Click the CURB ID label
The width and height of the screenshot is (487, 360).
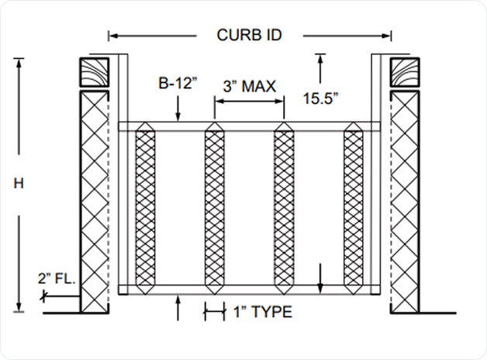click(x=249, y=35)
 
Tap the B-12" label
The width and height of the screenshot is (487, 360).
click(x=178, y=83)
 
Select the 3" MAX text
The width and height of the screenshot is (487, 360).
click(x=250, y=86)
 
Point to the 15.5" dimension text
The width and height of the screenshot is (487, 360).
click(x=320, y=99)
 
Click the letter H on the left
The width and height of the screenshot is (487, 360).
click(x=19, y=184)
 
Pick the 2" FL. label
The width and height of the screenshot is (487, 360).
click(x=57, y=279)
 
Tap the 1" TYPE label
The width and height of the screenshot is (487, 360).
click(x=262, y=312)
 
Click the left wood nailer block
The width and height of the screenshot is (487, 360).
click(x=95, y=72)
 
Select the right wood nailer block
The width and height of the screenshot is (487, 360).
click(x=405, y=72)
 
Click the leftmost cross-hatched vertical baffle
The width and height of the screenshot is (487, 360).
click(x=145, y=208)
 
